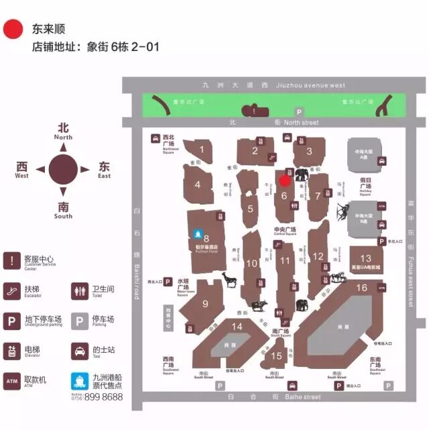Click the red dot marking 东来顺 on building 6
click(284, 180)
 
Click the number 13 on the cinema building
click(365, 258)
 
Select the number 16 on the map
click(361, 288)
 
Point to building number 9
click(204, 303)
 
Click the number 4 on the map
click(198, 185)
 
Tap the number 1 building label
click(202, 150)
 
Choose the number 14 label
click(237, 327)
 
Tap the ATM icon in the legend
click(12, 381)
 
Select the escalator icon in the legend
click(12, 290)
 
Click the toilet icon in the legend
click(79, 290)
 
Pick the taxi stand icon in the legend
click(79, 350)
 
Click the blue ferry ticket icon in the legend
click(79, 381)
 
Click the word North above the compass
click(63, 137)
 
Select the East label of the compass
click(104, 176)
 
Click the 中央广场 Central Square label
click(285, 231)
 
